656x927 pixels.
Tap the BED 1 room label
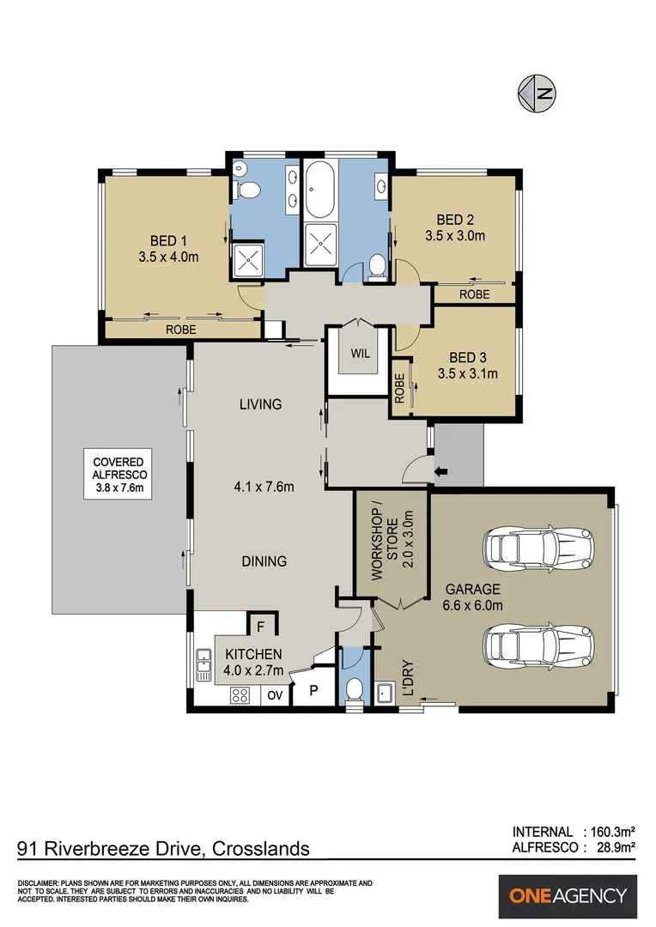168,240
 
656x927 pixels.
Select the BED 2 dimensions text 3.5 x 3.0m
455,234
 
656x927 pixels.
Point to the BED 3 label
467,357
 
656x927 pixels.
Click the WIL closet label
359,354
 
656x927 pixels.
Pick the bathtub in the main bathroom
321,189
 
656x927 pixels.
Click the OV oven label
275,695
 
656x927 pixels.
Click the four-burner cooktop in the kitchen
240,695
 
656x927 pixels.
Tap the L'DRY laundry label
409,678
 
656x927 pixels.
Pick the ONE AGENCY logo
568,896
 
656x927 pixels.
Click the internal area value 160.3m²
612,832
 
